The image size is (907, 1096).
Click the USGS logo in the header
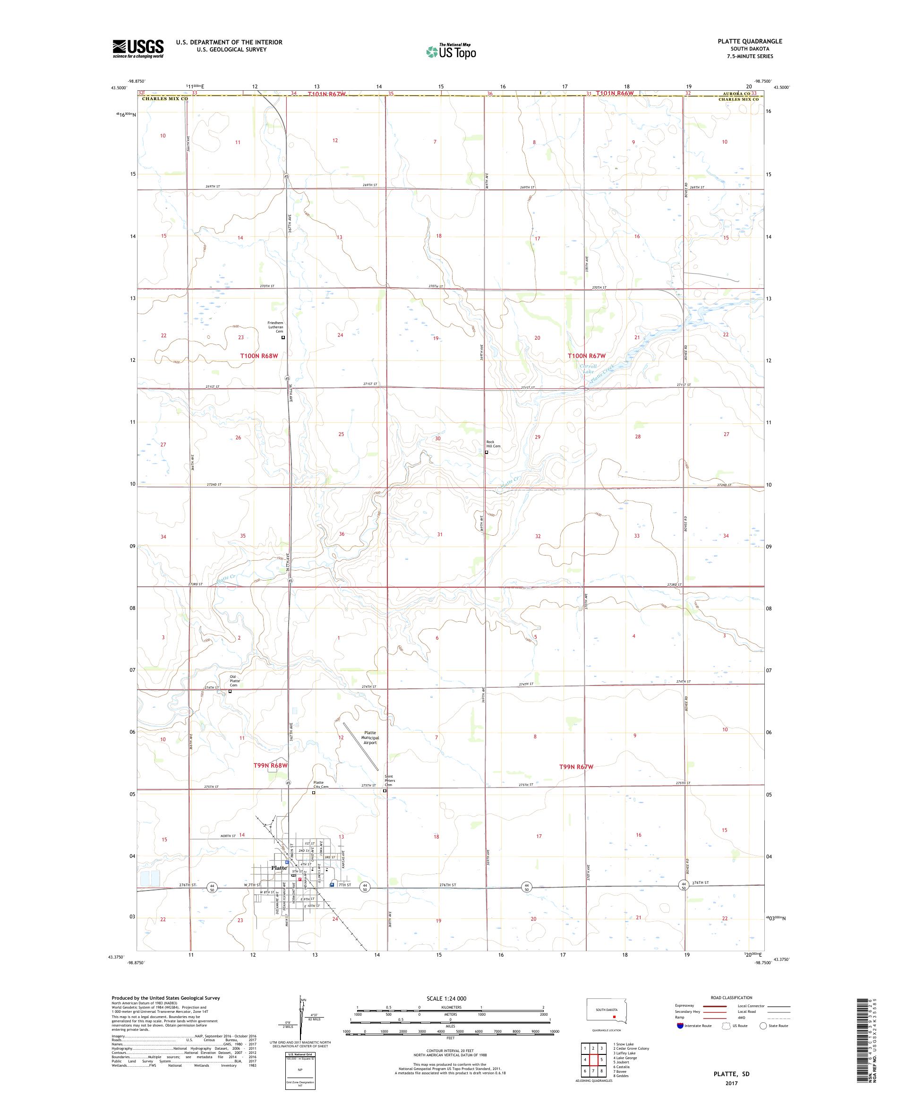138,49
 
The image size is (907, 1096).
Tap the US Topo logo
452,51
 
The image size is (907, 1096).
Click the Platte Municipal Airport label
370,737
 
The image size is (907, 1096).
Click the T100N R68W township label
258,355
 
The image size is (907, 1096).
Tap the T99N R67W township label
576,767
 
